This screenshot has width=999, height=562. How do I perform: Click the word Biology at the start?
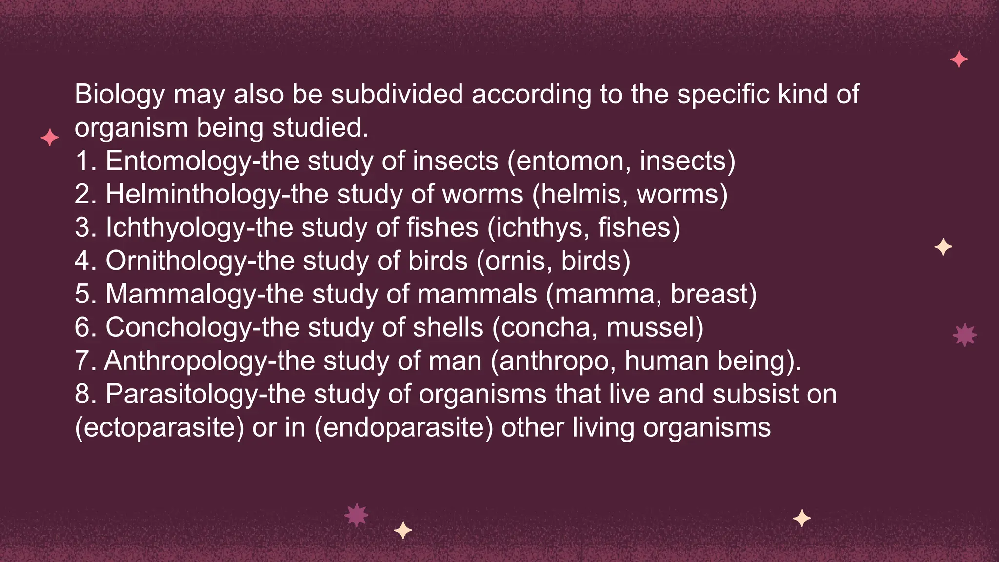point(120,95)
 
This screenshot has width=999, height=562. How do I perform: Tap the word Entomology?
point(178,161)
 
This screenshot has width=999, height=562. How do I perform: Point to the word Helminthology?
point(193,195)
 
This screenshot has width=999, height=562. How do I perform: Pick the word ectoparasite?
point(160,428)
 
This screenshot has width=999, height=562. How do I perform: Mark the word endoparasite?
point(403,428)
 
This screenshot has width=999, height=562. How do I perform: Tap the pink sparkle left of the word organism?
point(50,138)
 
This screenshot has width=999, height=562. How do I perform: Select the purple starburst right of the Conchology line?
point(964,335)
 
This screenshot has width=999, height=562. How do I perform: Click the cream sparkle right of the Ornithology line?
point(943,247)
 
